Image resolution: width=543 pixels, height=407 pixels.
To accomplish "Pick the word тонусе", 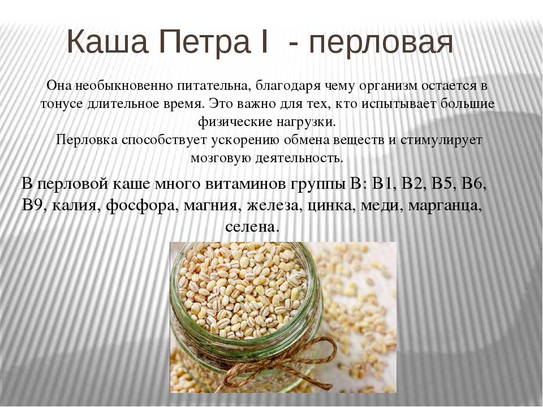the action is click(x=62, y=104).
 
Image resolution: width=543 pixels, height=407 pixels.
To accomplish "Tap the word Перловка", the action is click(x=88, y=140).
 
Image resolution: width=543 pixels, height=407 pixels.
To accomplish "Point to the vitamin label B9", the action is click(x=35, y=206).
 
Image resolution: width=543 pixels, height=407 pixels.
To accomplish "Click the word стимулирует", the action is click(x=441, y=141).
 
